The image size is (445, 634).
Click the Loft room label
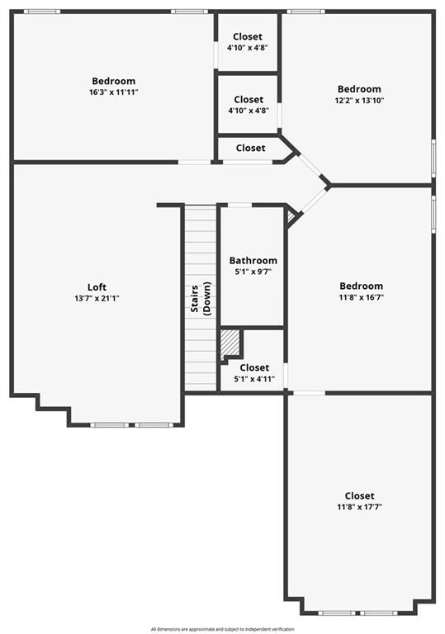tap(97, 287)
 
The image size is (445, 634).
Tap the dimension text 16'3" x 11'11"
tap(114, 92)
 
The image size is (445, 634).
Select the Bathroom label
tap(253, 260)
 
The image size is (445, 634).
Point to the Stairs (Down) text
tap(201, 298)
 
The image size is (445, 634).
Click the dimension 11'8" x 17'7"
tap(360, 507)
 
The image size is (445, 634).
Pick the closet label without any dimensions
tap(251, 148)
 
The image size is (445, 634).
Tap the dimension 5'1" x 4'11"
tap(254, 379)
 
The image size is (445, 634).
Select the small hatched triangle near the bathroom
tap(291, 217)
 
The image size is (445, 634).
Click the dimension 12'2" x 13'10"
tap(359, 100)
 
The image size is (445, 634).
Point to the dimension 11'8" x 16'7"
tap(362, 297)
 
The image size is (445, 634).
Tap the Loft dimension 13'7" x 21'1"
tap(97, 299)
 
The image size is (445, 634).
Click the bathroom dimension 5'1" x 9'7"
tap(253, 272)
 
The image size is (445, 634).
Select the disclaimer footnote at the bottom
tap(223, 629)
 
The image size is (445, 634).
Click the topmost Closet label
tap(248, 36)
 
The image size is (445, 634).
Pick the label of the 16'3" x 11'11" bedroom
tap(114, 81)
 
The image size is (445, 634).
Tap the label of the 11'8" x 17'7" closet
tap(360, 495)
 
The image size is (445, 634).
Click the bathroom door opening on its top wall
tap(240, 206)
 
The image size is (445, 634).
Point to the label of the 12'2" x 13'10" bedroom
tap(359, 89)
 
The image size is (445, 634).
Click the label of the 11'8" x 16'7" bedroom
tap(362, 286)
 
